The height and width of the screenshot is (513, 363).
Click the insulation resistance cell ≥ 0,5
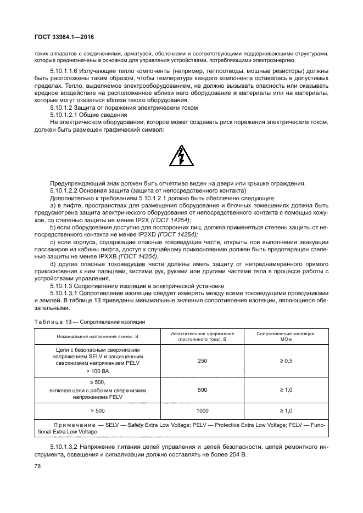[286, 360]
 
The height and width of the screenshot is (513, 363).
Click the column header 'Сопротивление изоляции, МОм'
[286, 336]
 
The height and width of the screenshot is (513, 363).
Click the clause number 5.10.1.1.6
[66, 72]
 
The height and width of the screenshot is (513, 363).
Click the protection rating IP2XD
[147, 234]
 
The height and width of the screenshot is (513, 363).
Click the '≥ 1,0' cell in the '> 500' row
[286, 410]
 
